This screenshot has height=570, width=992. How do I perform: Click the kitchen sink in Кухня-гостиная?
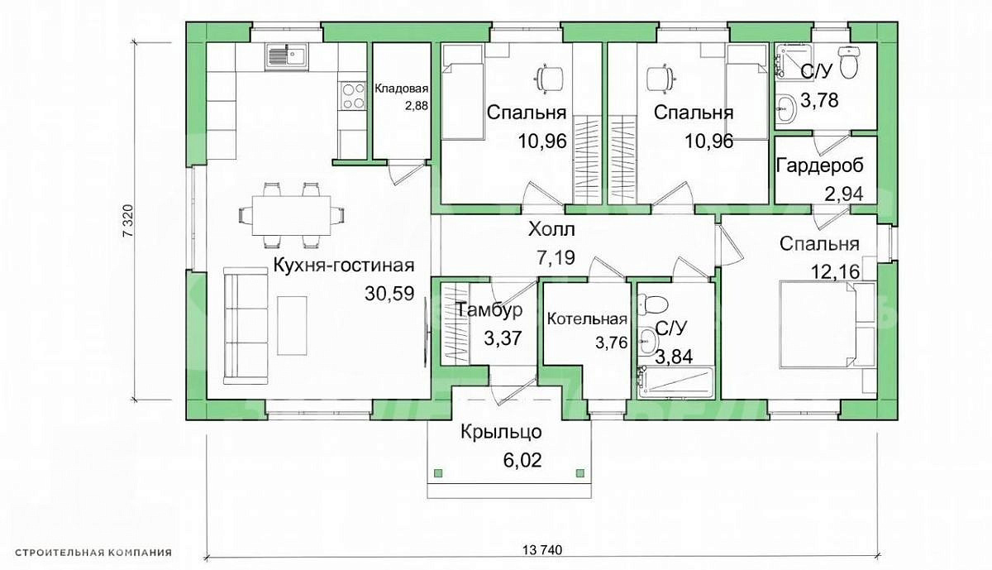coord(287,57)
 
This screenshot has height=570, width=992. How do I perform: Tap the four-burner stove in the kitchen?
coord(353,97)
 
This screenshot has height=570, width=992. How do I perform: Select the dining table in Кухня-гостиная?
coord(291,215)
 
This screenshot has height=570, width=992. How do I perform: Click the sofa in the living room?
coord(246,325)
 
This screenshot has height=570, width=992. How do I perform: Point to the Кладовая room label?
coord(402,89)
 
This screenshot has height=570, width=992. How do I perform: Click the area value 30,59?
coord(389,294)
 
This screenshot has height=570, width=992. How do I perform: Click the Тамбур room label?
coord(489,310)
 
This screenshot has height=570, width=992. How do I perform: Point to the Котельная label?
coord(587,319)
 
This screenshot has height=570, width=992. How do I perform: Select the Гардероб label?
coord(820,166)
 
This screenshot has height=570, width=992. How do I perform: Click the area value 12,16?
coord(835,271)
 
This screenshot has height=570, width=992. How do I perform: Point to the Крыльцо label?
coord(501,432)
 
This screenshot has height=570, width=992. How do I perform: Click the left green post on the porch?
coord(437,473)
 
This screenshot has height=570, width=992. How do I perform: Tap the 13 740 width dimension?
coord(542,550)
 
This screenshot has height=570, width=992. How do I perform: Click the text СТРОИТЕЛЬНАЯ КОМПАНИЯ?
coord(93,553)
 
